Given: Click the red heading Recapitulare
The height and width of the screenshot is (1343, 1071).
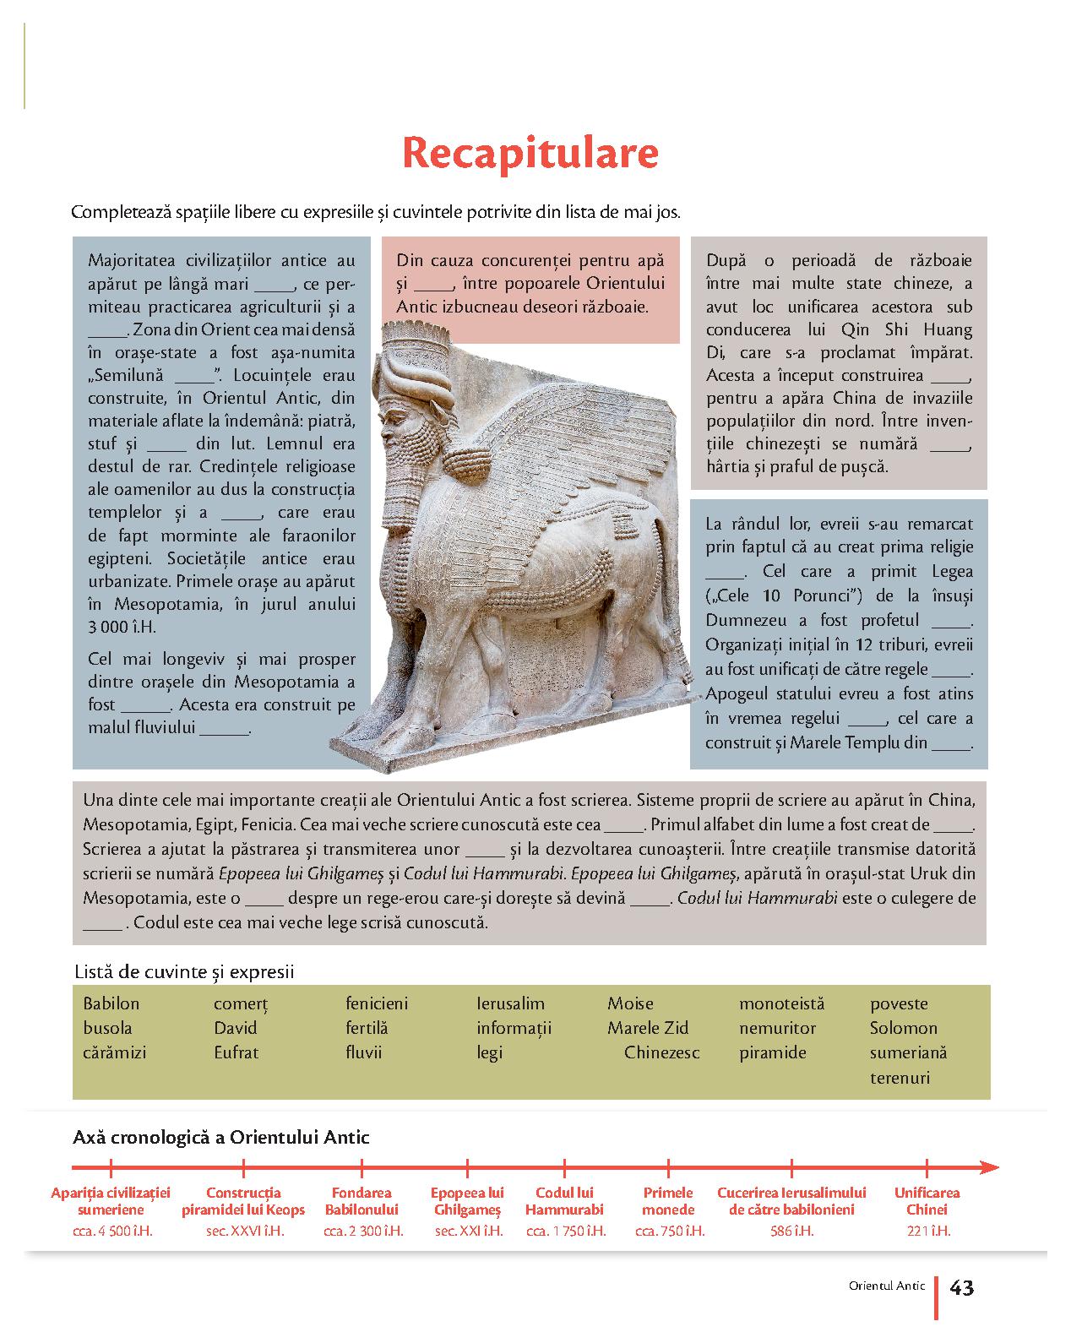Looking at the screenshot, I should click(x=530, y=154).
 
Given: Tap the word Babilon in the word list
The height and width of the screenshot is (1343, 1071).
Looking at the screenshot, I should click(x=111, y=1003).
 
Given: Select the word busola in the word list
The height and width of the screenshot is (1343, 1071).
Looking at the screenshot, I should click(x=107, y=1028).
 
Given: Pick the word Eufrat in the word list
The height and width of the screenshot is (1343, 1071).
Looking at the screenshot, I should click(x=236, y=1052).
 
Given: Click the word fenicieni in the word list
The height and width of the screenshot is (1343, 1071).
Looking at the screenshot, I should click(x=377, y=1003).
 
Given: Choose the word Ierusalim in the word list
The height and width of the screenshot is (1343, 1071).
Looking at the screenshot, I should click(x=510, y=1003).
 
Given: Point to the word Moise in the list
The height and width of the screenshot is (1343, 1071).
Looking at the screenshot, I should click(x=630, y=1003).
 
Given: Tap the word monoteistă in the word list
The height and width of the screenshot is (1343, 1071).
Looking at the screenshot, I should click(x=781, y=1003).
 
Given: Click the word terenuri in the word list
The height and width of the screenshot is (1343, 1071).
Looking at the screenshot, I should click(x=900, y=1078).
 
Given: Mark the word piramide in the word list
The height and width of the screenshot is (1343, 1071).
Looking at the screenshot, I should click(x=773, y=1052).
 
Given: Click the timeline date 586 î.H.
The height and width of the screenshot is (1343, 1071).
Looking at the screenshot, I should click(x=791, y=1231).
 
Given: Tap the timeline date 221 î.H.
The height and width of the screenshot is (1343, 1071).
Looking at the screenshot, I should click(x=927, y=1231).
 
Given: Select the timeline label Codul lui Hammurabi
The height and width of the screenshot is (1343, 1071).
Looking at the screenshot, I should click(x=564, y=1201).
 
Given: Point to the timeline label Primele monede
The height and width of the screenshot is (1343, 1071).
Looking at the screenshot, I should click(x=668, y=1201).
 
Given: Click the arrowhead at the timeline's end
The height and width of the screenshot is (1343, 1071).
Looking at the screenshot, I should click(x=989, y=1168).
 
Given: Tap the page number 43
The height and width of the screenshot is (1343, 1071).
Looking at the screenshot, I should click(x=962, y=1288).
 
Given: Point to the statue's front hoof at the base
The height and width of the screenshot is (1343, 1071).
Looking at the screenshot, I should click(x=355, y=733).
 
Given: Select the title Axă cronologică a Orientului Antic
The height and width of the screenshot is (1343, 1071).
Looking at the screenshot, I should click(x=221, y=1137).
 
